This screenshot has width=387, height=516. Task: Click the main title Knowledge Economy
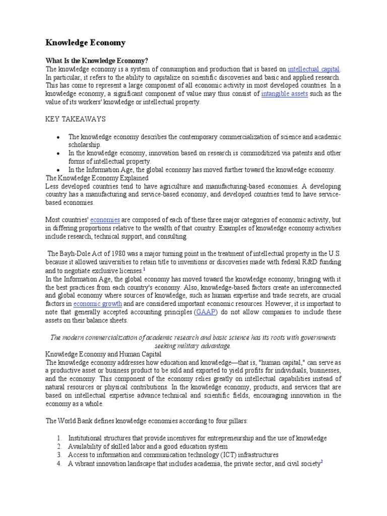click(86, 42)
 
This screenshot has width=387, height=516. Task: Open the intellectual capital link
click(314, 69)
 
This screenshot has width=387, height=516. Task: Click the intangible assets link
click(285, 94)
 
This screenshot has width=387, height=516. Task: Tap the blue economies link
click(105, 220)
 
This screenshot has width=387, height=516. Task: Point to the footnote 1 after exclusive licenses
click(144, 270)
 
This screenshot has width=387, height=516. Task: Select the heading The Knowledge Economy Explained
click(97, 178)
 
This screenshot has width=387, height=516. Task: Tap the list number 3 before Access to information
click(59, 455)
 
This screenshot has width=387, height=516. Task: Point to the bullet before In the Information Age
click(59, 170)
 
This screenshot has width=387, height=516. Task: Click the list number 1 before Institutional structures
click(59, 438)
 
